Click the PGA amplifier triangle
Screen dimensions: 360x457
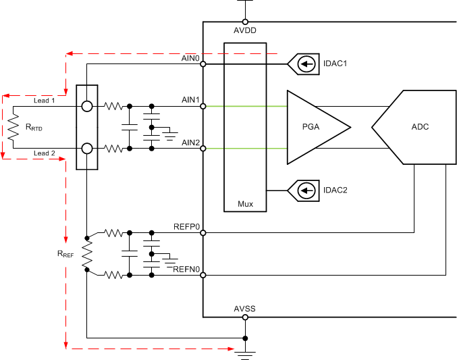click(316, 127)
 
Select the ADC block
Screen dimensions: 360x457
click(412, 127)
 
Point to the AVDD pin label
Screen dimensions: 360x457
click(244, 30)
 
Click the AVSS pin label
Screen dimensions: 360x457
click(244, 309)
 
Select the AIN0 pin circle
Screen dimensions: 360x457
click(203, 65)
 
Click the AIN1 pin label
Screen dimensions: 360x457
click(191, 100)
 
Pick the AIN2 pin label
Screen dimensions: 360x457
click(191, 142)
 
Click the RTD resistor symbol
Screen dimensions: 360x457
click(13, 127)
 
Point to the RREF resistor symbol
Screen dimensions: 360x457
click(87, 254)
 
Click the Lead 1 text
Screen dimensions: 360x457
click(45, 100)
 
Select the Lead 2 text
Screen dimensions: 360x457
click(45, 153)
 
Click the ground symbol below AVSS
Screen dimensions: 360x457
click(244, 354)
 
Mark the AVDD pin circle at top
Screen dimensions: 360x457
click(244, 22)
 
